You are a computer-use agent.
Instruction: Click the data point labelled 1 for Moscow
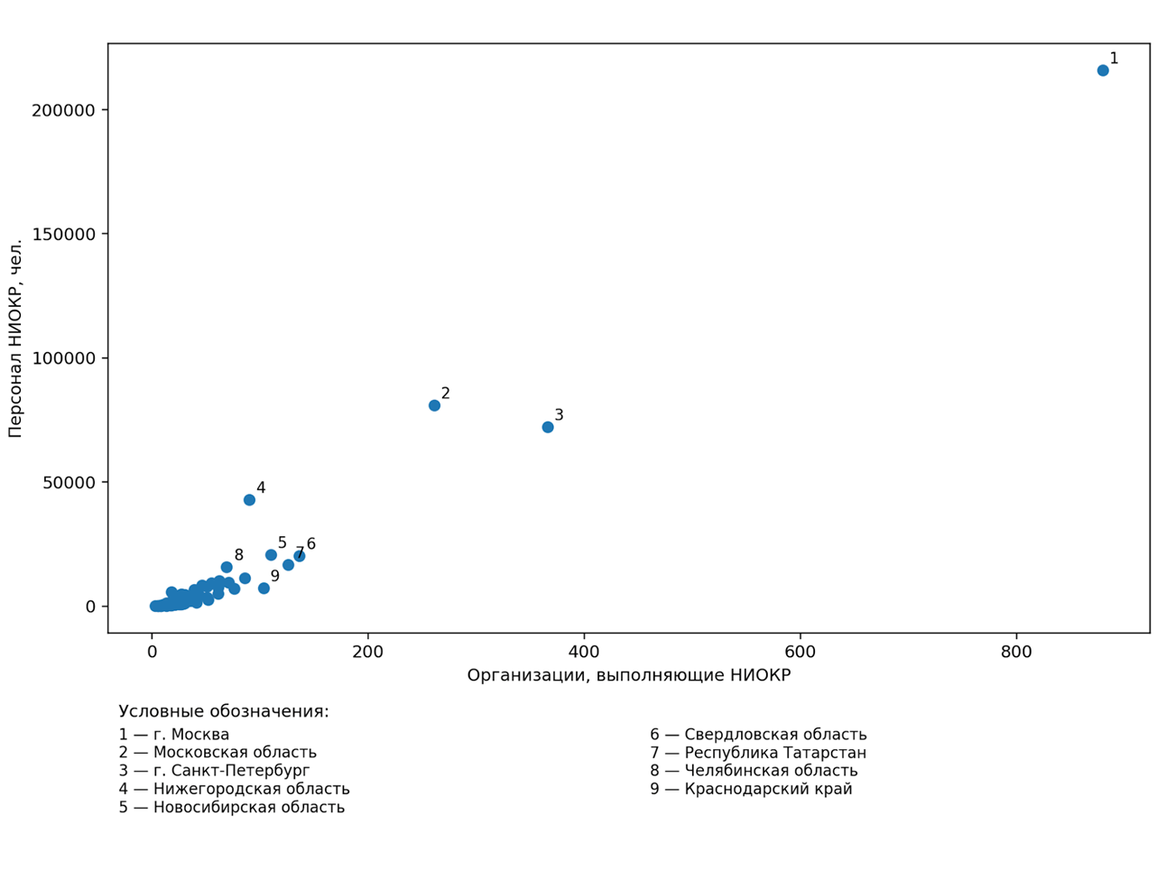point(1103,70)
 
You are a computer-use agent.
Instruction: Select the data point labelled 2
point(434,405)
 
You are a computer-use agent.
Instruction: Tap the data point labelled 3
point(548,427)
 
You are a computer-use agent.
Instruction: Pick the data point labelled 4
point(249,500)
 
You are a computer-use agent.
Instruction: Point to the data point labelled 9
point(264,588)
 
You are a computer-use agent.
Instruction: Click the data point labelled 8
point(227,568)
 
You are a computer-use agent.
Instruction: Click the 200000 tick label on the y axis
point(63,110)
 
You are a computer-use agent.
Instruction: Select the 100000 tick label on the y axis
point(63,358)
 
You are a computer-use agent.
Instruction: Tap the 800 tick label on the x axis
point(1016,653)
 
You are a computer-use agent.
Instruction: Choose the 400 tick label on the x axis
point(584,653)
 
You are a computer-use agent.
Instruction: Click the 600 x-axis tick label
point(801,653)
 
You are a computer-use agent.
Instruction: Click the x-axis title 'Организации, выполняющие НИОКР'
point(628,676)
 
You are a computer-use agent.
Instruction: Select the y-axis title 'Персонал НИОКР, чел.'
point(15,338)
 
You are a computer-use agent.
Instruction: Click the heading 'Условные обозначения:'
point(224,711)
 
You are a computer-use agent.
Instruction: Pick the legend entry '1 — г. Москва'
point(174,735)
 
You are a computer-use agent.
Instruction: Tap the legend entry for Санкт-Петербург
point(214,771)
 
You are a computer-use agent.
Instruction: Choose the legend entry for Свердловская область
point(758,735)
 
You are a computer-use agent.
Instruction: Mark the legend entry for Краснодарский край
point(751,789)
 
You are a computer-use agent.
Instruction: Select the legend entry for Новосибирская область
point(231,807)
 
